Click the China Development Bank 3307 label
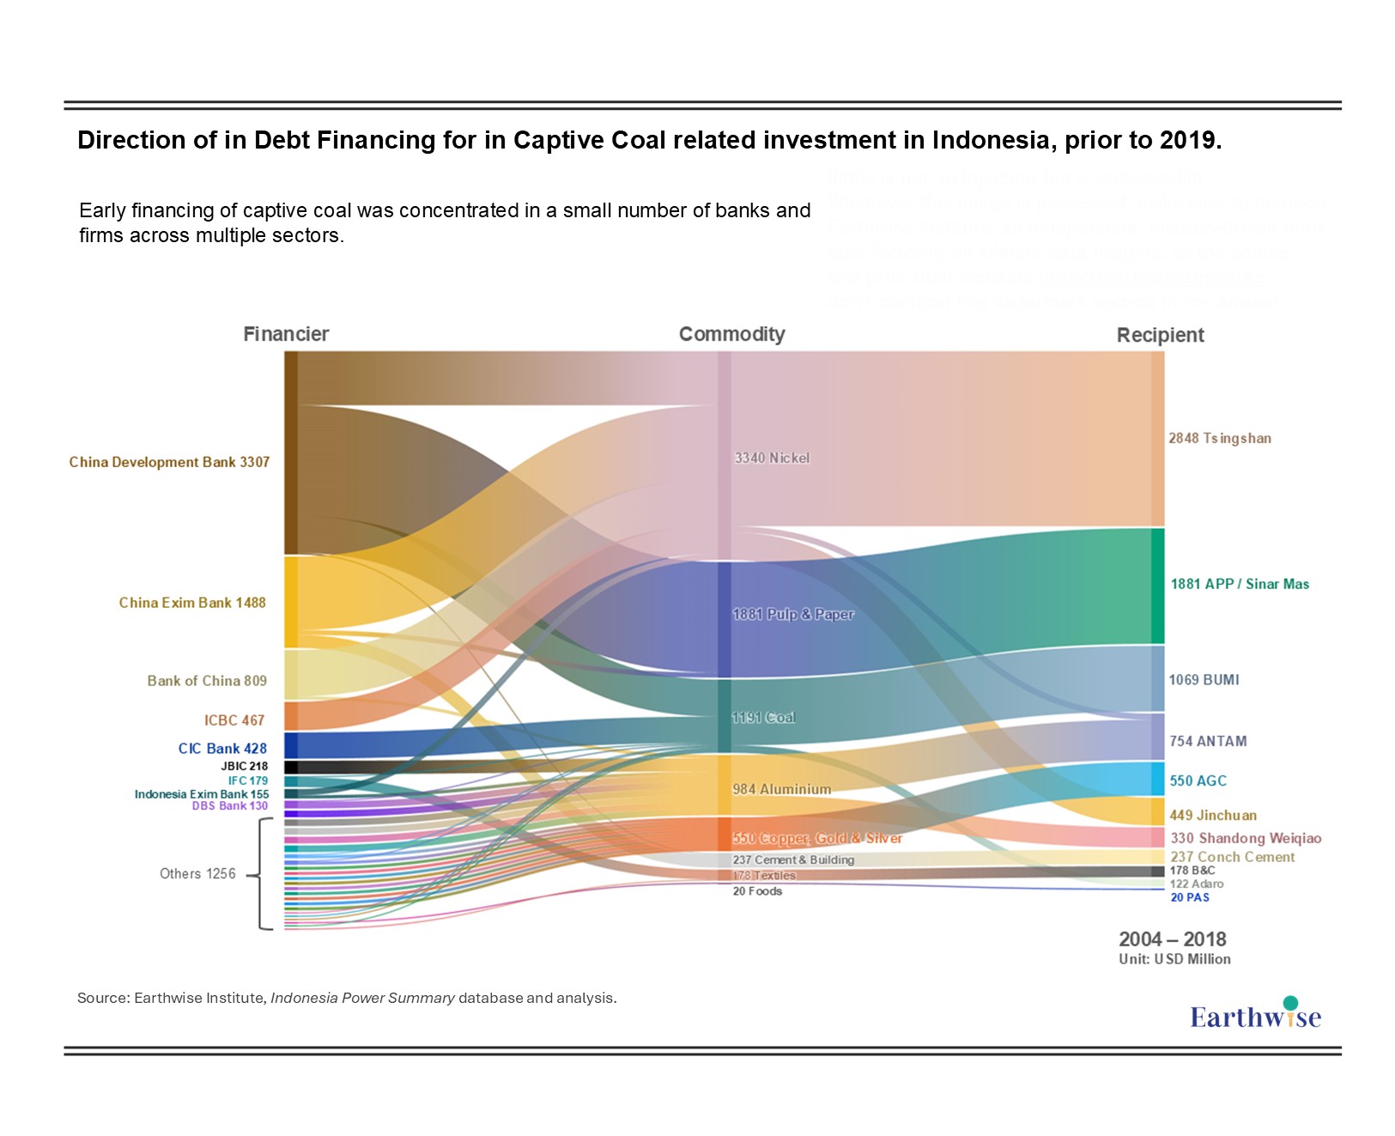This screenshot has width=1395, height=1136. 169,462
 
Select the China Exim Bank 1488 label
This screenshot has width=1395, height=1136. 192,603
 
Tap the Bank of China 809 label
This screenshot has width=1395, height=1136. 207,681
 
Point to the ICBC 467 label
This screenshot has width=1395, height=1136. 234,720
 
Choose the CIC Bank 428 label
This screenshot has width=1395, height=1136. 222,749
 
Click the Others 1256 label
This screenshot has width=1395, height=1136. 197,873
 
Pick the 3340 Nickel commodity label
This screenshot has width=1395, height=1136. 772,459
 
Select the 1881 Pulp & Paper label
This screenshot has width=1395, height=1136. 793,614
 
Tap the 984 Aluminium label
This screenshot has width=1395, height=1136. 781,789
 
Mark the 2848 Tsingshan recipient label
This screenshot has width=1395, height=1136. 1219,438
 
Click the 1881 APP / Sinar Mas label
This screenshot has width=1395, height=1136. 1240,584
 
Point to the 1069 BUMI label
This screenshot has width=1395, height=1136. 1204,680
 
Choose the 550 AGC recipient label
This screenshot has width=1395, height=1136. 1198,781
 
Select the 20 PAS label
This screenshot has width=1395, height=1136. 1190,897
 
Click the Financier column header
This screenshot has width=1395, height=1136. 286,334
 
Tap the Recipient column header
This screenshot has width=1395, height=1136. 1160,335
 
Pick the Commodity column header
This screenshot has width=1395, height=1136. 731,334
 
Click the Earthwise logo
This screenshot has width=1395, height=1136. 1255,1015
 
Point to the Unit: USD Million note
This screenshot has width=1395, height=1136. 1174,959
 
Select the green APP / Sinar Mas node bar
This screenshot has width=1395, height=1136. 1157,586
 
